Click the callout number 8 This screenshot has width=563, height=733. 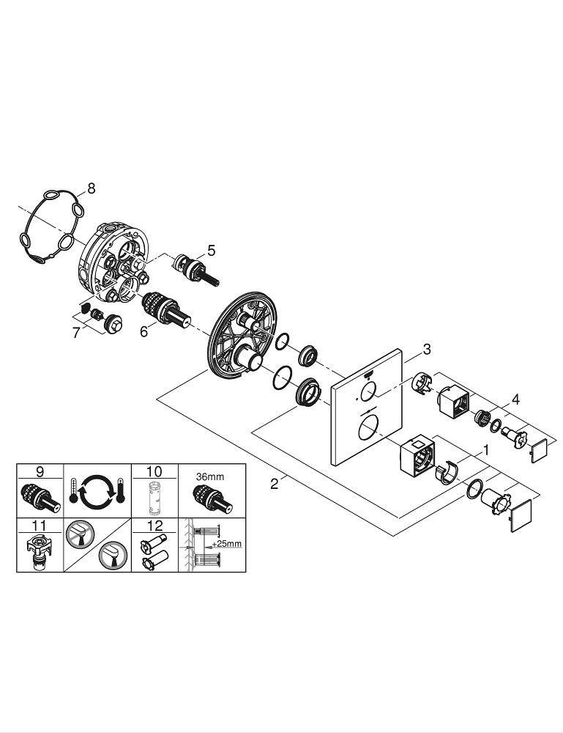tap(91, 189)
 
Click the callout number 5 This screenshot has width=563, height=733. tap(211, 251)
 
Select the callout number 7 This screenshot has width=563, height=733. tap(76, 334)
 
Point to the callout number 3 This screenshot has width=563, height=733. tap(428, 349)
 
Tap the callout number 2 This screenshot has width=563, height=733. tap(274, 485)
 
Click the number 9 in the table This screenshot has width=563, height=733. tap(40, 471)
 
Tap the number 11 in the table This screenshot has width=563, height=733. tap(40, 525)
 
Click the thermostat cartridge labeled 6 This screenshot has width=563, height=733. tap(163, 309)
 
